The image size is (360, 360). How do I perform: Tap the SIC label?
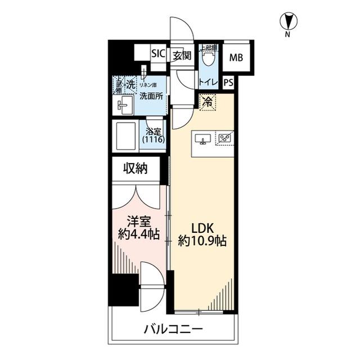158,55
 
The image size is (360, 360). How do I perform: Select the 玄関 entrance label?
182,55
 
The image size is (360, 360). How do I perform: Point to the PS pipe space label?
228,83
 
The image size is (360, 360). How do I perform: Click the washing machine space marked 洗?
130,85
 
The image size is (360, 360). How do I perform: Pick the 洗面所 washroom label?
151,96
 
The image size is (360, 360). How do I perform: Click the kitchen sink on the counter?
202,138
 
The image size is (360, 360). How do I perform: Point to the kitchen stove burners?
225,137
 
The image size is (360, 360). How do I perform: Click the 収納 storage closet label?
136,169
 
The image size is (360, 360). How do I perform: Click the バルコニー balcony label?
172,329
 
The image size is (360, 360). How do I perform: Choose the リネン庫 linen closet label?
148,84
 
